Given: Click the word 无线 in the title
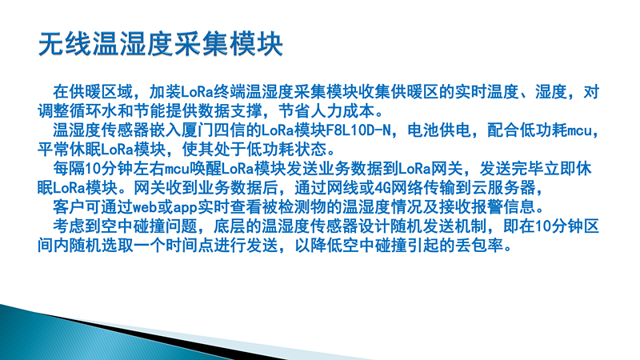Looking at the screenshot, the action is tap(65, 44).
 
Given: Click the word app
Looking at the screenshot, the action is tap(186, 208).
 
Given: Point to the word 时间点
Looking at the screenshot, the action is tap(190, 246).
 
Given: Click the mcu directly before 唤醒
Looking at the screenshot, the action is tap(177, 169).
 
